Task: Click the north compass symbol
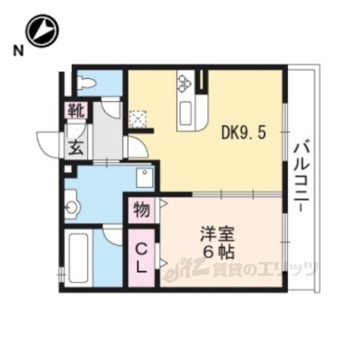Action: [41, 31]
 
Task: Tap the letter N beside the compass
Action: [16, 51]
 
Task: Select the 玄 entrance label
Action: [76, 147]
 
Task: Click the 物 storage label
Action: [141, 208]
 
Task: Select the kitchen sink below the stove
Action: [185, 113]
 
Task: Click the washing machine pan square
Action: [144, 177]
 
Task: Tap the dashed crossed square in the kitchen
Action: [139, 119]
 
